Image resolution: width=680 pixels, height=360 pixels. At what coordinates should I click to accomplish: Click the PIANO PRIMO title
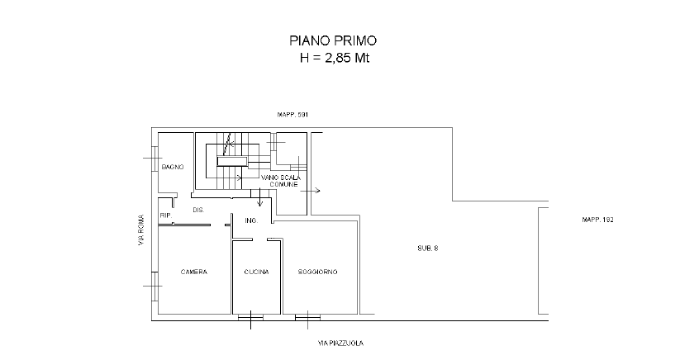coord(333,40)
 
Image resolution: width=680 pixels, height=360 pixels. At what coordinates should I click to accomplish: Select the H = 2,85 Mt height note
coord(335,58)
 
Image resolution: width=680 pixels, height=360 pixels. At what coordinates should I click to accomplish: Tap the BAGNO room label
coord(173,167)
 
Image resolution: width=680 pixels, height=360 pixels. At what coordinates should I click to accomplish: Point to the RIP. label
coord(166,216)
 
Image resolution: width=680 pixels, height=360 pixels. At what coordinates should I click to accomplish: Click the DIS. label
coord(198,210)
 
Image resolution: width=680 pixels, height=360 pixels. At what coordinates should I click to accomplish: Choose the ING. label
coord(251,220)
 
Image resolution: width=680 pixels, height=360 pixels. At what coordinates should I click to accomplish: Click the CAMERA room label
coord(194,272)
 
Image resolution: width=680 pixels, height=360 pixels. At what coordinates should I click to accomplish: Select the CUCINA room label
coord(256,272)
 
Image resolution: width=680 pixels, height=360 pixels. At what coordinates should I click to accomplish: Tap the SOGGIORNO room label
coord(318,272)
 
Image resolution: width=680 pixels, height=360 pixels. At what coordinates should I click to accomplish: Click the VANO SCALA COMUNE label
coord(281,181)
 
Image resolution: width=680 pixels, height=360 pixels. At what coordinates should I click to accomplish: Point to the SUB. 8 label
coord(428,249)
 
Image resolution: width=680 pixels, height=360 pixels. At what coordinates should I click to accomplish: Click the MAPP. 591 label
coord(292,115)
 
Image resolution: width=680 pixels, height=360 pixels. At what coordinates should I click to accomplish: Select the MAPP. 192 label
coord(597,220)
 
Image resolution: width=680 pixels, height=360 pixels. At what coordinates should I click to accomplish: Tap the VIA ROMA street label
coord(141,230)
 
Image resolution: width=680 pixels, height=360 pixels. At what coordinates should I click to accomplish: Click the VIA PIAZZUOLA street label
coord(341,343)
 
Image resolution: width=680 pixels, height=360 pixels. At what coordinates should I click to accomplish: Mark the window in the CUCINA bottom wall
coord(250,318)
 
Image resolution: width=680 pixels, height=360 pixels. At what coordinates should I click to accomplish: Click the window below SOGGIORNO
coord(308,318)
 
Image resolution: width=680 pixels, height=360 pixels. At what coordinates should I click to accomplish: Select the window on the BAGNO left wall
coord(154,159)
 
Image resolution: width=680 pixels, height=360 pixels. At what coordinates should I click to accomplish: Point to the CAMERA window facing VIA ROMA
coord(154,286)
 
